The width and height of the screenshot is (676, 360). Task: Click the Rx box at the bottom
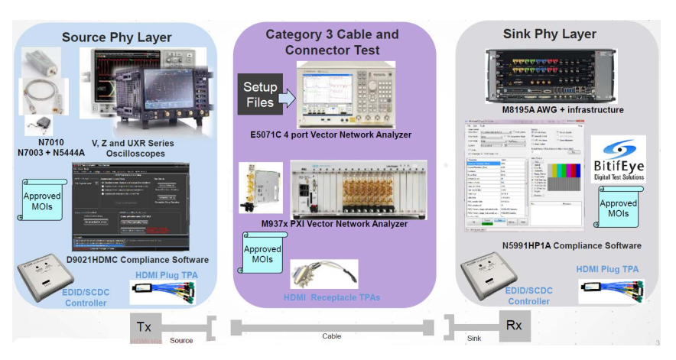point(514,326)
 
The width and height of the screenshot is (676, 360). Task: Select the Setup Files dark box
point(260,93)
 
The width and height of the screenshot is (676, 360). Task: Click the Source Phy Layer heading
point(116,37)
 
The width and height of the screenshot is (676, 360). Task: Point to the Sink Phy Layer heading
point(549,34)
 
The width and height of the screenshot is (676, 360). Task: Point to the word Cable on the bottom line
point(331,336)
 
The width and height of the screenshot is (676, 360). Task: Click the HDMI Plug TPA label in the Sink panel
point(607,269)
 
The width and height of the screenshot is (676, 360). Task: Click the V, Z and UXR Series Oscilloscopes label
point(132,148)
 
